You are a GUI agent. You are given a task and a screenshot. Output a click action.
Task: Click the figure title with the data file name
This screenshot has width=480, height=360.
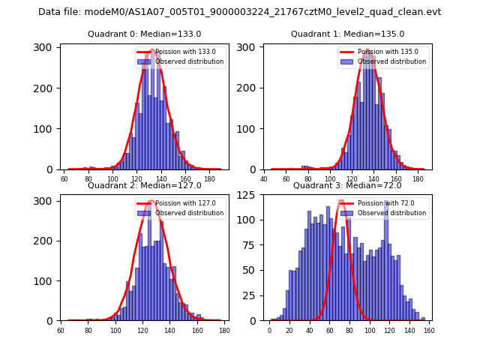pos(240,12)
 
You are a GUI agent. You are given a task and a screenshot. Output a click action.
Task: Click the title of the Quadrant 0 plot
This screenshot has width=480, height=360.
pos(145,34)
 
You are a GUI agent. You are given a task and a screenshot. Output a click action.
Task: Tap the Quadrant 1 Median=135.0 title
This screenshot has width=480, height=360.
pos(347,34)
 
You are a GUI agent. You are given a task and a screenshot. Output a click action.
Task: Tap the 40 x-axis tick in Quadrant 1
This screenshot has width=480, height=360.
pos(265,178)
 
